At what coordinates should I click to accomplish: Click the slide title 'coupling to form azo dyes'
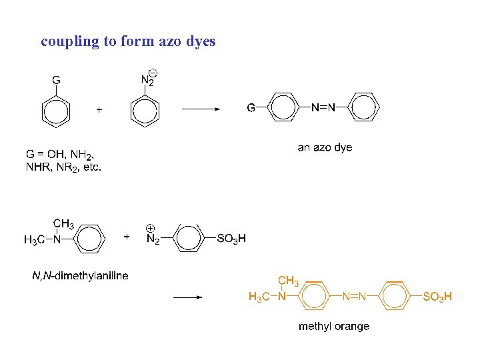[128, 41]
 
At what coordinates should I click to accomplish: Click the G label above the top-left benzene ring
[56, 80]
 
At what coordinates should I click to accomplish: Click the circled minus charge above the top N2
[153, 72]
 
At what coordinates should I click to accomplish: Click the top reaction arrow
[200, 109]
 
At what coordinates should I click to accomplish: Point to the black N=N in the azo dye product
[323, 107]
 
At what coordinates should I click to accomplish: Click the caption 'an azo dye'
[325, 147]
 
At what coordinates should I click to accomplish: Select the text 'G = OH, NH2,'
[64, 155]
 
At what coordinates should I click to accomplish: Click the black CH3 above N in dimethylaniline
[63, 224]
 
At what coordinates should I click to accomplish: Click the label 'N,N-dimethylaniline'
[80, 275]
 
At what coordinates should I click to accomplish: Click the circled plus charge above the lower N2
[151, 227]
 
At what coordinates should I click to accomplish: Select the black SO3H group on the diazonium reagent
[231, 239]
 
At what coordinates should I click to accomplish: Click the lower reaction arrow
[187, 297]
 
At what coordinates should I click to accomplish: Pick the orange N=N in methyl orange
[354, 297]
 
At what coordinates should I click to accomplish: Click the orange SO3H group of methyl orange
[437, 297]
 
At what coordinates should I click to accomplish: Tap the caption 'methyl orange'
[333, 326]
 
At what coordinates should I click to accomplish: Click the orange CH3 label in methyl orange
[288, 281]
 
